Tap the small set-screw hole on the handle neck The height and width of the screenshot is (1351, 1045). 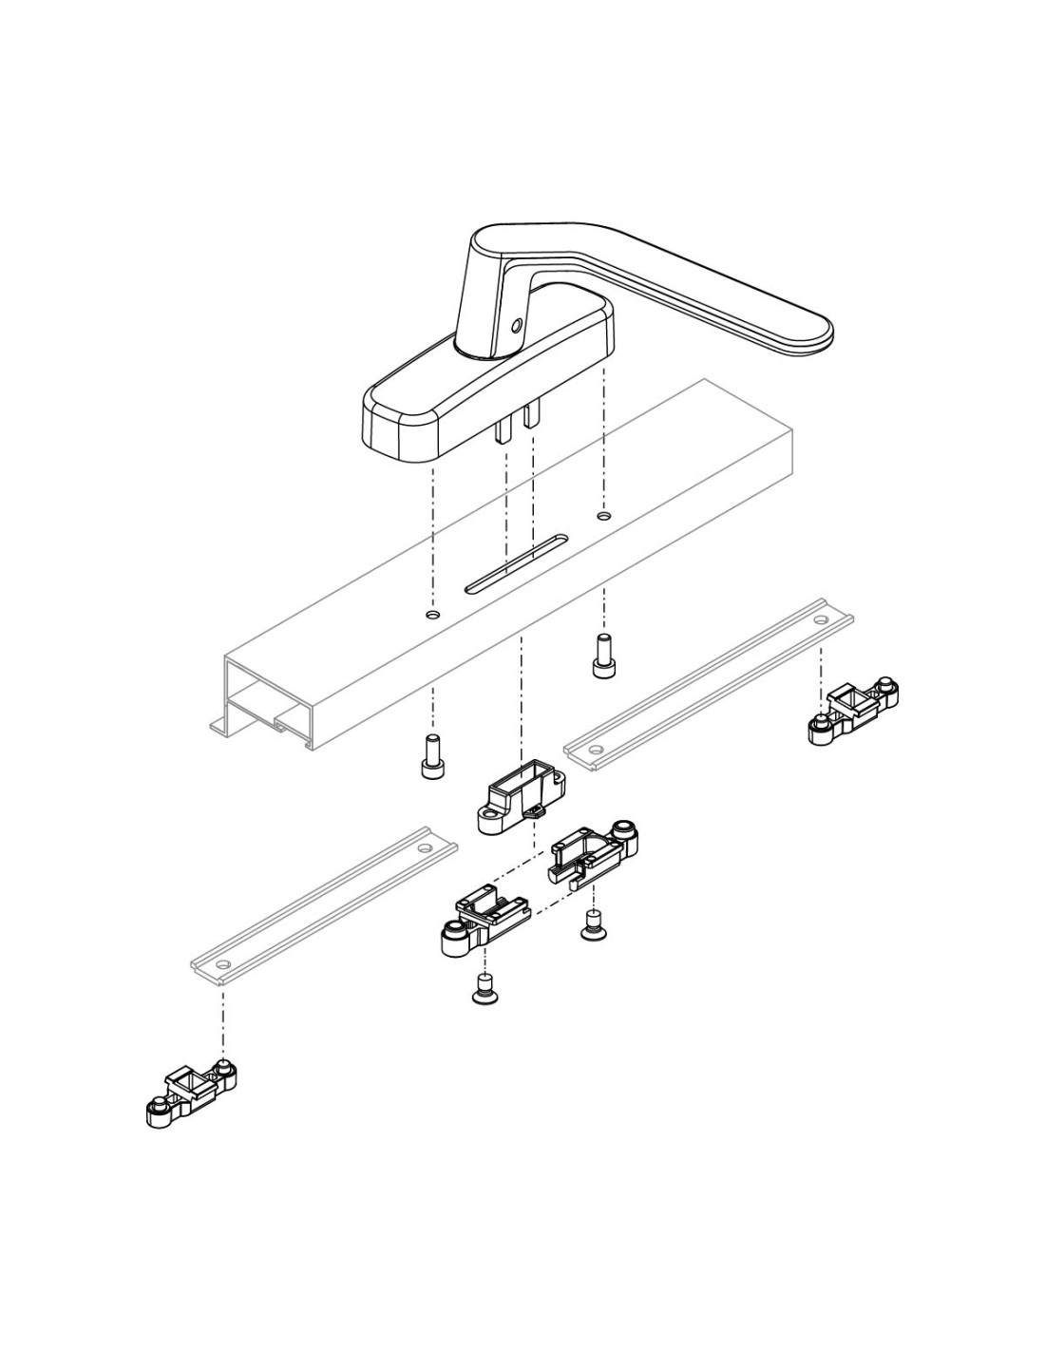(x=516, y=325)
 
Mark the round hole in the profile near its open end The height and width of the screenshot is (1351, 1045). (x=433, y=616)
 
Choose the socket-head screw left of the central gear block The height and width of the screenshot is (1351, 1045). (x=432, y=756)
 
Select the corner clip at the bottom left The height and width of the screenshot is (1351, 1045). (x=191, y=1093)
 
